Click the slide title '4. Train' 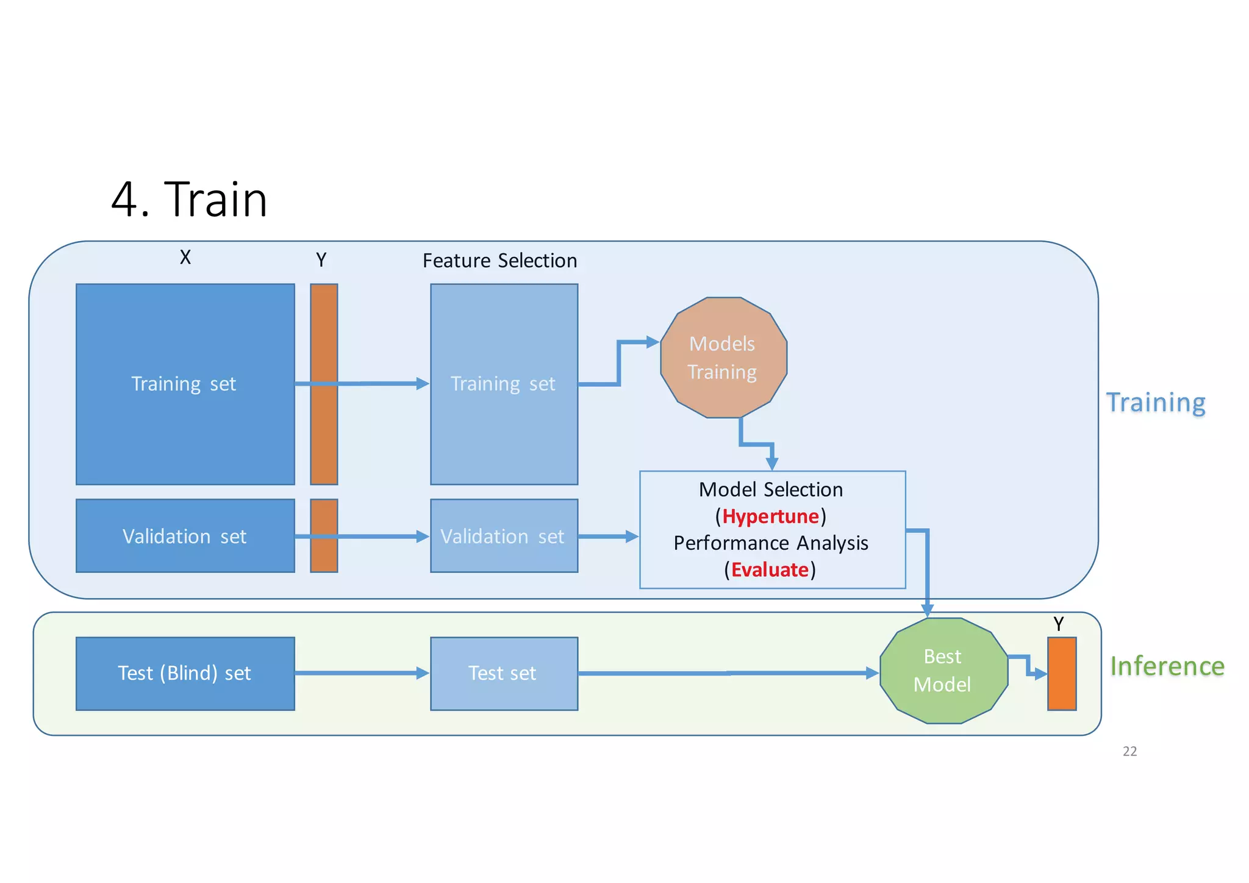[x=189, y=200]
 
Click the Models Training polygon [x=723, y=358]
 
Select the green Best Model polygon [x=943, y=670]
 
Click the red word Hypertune [x=770, y=516]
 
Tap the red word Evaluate [x=770, y=569]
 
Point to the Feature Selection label [x=499, y=261]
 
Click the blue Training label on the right [x=1156, y=402]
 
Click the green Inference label [x=1167, y=666]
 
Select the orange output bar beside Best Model [x=1061, y=674]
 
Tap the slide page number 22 [x=1129, y=751]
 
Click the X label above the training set [x=185, y=258]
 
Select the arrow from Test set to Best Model [x=726, y=673]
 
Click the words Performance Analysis [x=770, y=542]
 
